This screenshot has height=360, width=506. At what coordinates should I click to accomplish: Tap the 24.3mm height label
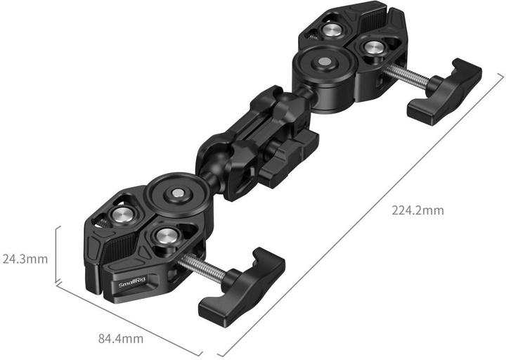25,258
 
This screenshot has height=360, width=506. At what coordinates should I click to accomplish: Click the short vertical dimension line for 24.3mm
56,253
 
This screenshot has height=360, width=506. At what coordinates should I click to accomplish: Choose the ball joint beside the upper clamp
299,95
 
